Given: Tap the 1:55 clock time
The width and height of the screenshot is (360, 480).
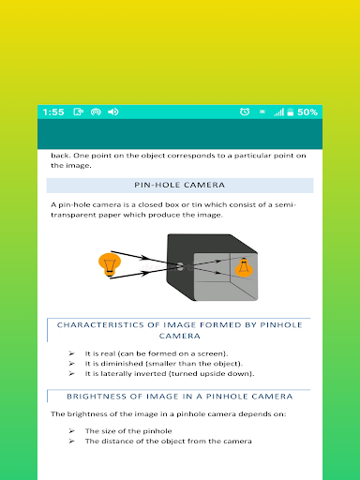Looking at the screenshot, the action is click(x=53, y=112).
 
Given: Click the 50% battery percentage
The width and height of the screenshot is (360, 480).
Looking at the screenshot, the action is click(x=307, y=112).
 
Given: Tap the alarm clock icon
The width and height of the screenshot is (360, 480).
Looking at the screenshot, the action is click(x=245, y=112).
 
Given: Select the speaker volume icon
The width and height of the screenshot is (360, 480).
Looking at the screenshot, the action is click(x=113, y=112).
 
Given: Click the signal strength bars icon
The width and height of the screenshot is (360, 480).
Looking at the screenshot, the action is click(x=279, y=112).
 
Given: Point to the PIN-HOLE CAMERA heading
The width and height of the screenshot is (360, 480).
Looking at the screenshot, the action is click(x=180, y=185).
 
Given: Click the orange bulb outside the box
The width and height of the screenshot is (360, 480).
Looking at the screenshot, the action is click(x=110, y=264).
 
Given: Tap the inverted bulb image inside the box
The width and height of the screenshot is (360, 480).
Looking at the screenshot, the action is click(x=244, y=268).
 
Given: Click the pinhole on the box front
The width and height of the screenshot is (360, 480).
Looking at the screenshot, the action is click(x=180, y=266).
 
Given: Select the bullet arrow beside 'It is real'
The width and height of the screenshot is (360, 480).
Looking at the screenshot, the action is click(x=71, y=353).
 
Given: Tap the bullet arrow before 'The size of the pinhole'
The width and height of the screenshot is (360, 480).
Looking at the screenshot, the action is click(x=71, y=431).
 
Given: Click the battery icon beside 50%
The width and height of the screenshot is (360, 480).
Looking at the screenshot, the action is click(x=291, y=112).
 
